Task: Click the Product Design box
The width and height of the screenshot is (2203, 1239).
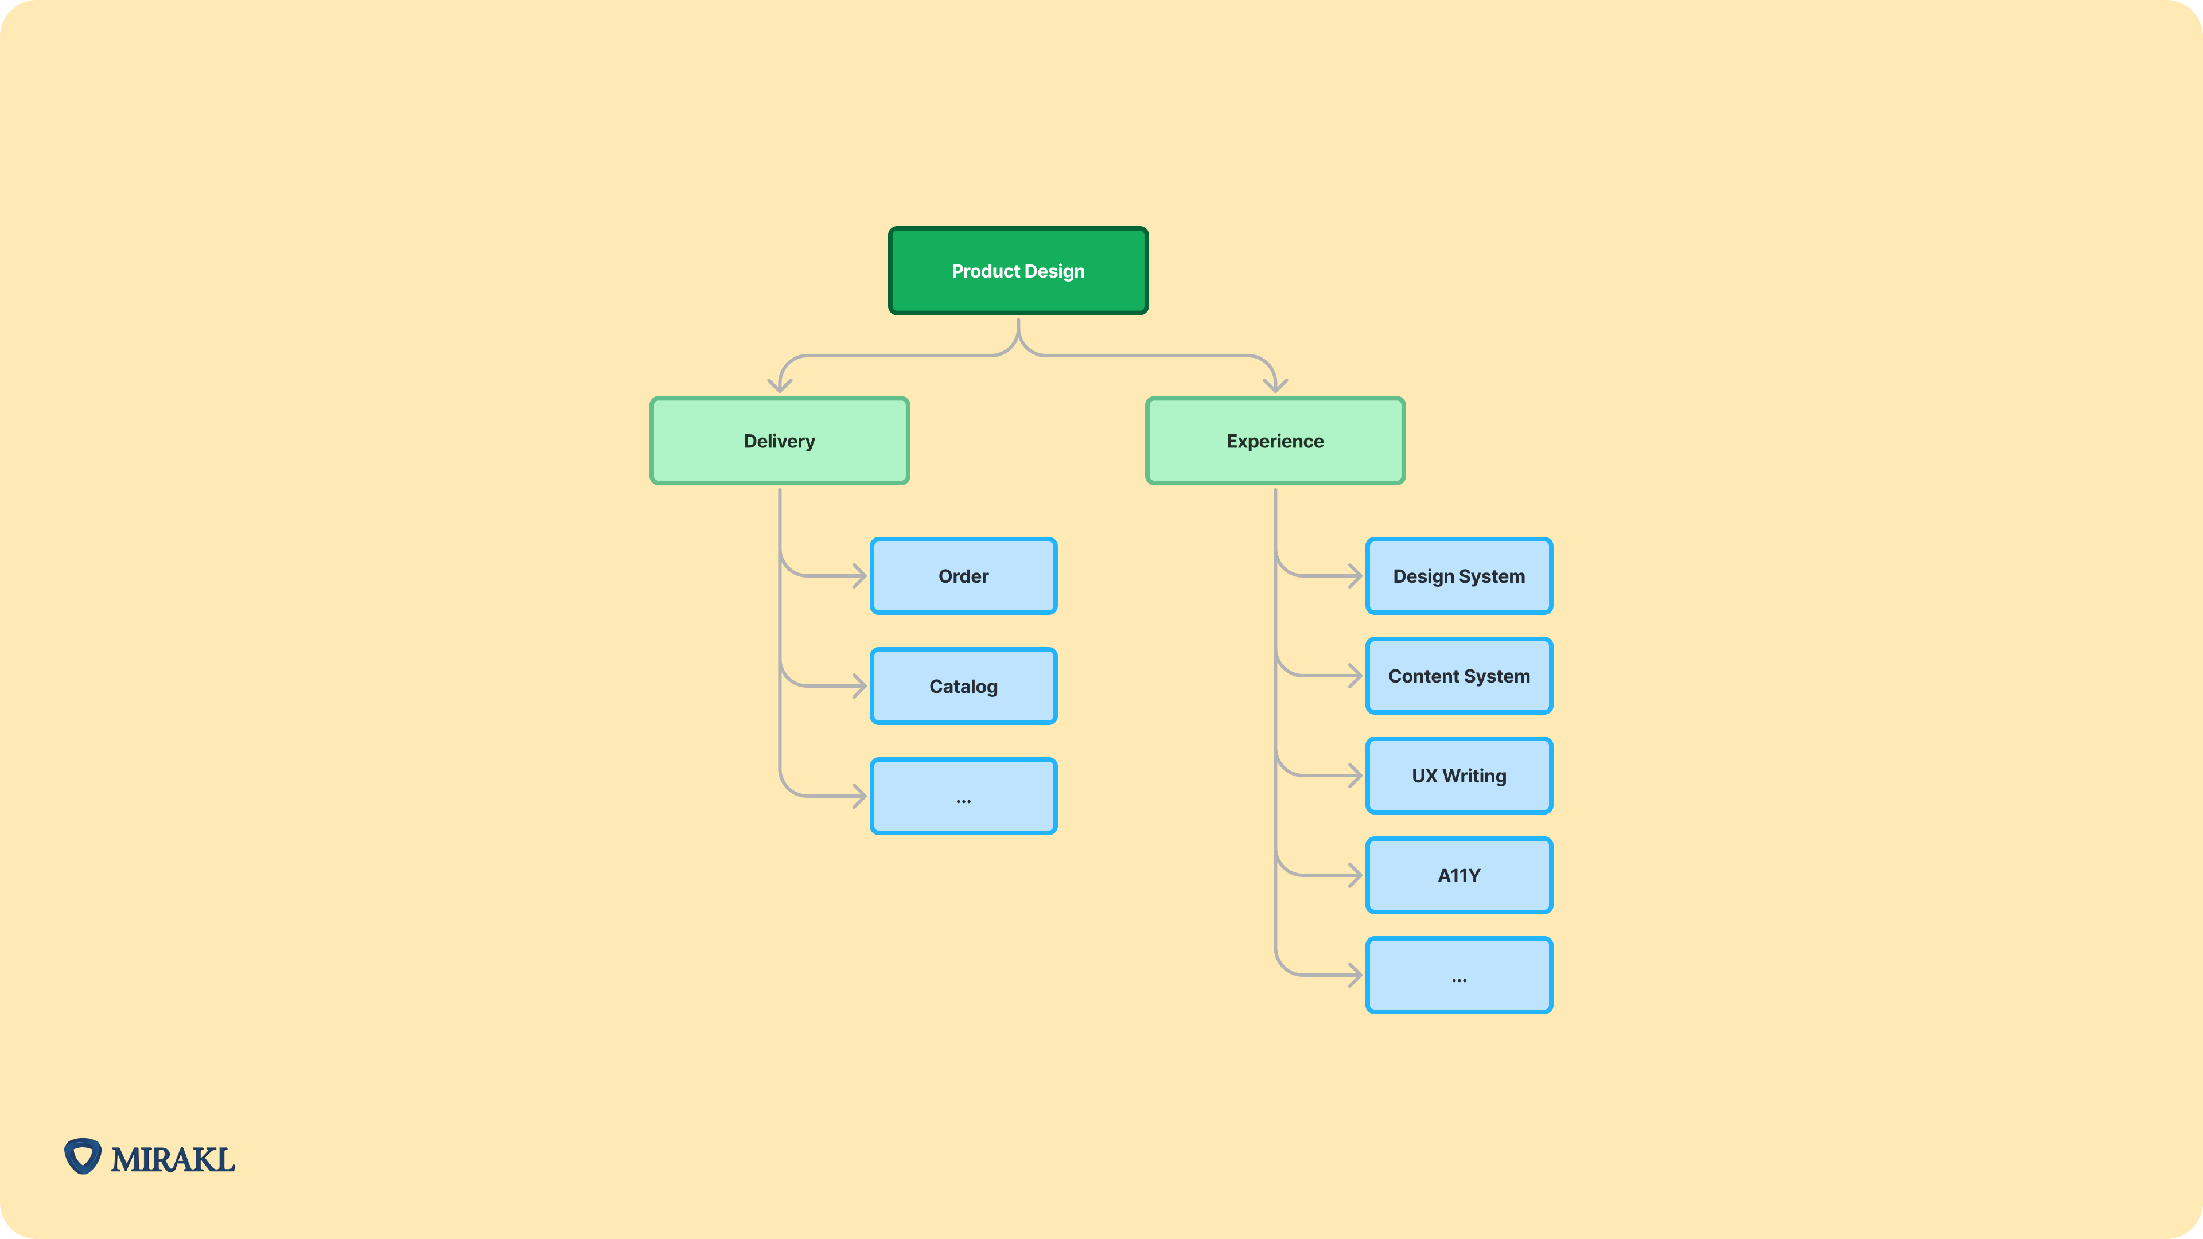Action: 1018,271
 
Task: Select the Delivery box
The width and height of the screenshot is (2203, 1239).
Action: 779,441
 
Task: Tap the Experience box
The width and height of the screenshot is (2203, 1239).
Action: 1274,441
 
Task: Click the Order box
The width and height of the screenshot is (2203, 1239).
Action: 963,576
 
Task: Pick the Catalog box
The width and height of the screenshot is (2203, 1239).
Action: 963,687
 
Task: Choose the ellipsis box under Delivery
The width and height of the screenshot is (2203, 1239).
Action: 963,797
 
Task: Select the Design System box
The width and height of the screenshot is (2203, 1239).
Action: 1458,576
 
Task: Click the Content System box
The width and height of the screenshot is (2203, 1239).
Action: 1458,676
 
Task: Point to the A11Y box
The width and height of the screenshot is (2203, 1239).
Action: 1458,875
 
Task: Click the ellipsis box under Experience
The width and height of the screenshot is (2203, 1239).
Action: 1458,976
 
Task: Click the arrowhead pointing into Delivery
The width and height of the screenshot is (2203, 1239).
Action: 779,385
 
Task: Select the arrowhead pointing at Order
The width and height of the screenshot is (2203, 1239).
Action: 859,576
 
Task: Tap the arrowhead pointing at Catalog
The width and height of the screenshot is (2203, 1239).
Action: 859,687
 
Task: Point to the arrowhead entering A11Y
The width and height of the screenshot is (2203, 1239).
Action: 1355,875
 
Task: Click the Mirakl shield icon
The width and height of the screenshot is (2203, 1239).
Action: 83,1156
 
